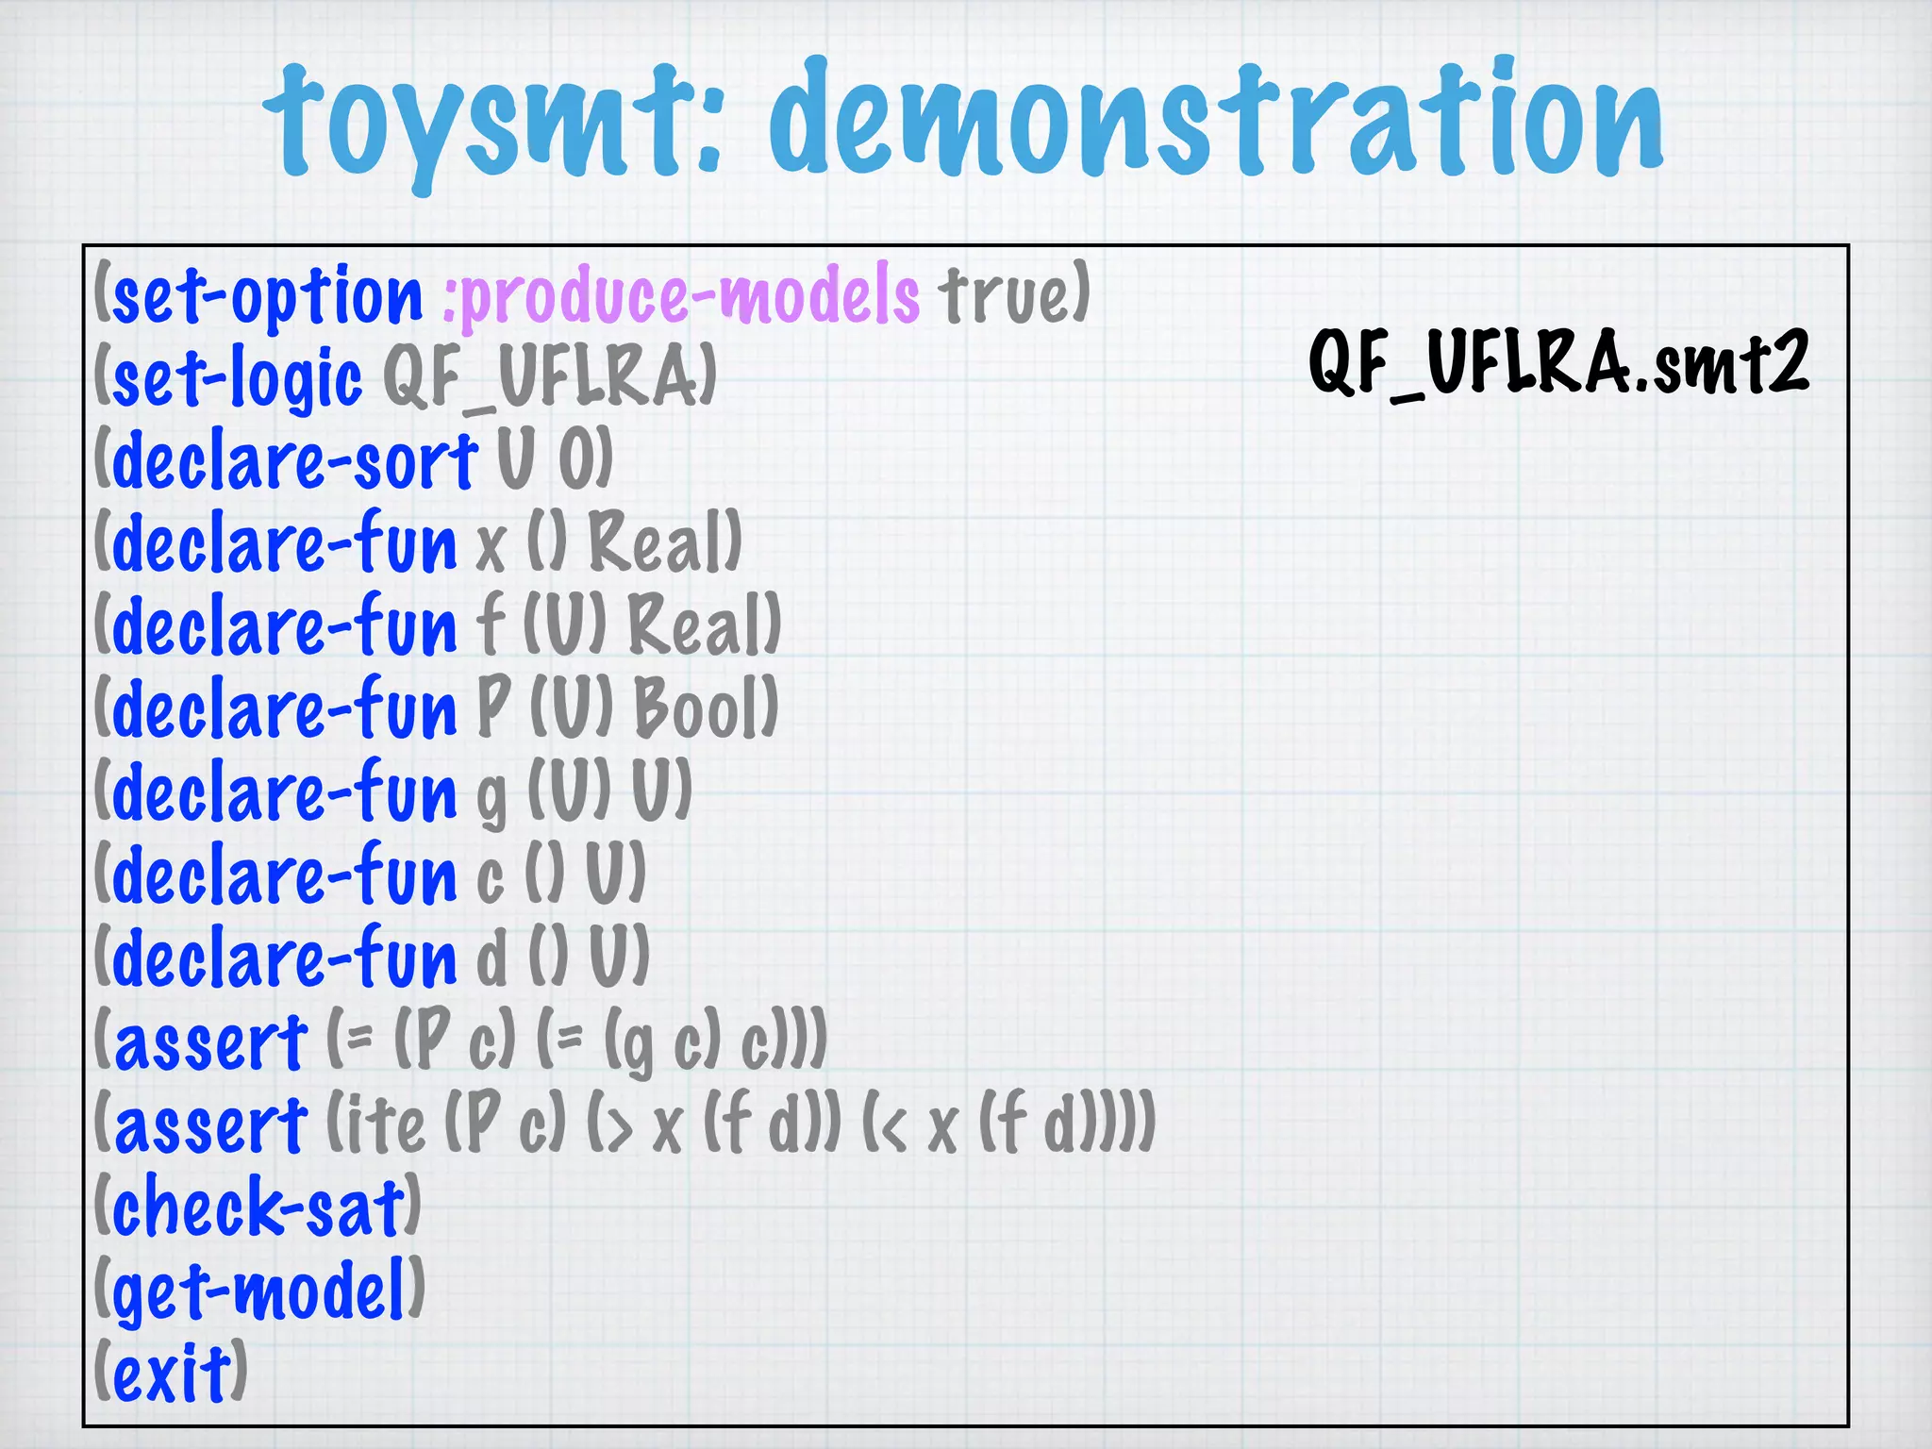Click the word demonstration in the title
pyautogui.click(x=1217, y=118)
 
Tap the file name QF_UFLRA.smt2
pyautogui.click(x=1558, y=363)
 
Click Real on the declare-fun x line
pyautogui.click(x=659, y=544)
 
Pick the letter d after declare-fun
pyautogui.click(x=491, y=958)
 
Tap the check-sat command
pyautogui.click(x=258, y=1208)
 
